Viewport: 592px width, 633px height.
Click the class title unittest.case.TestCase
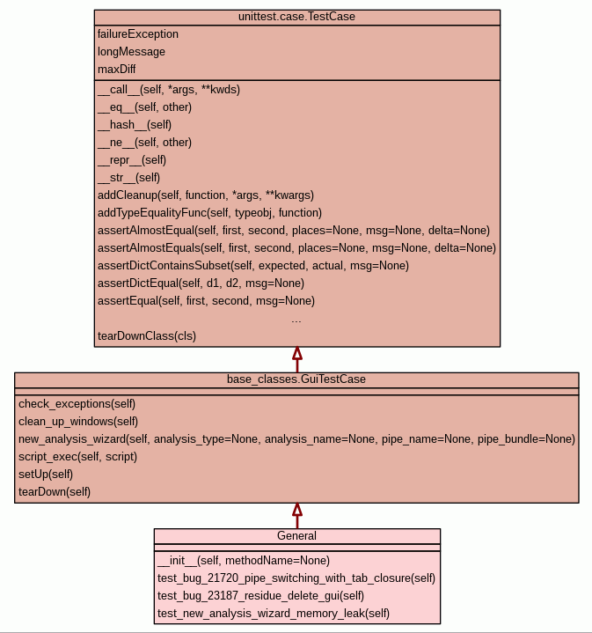pos(296,17)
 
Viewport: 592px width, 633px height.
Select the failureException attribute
pos(138,34)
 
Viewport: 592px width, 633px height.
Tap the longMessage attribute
pos(131,52)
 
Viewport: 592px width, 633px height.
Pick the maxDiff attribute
pos(117,69)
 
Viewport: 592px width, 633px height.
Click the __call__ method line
pos(169,90)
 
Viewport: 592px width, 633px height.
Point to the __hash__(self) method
pos(135,125)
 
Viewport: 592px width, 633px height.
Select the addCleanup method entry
pos(206,195)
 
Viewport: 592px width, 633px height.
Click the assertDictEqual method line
pos(201,283)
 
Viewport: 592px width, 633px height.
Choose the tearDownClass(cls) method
pos(147,335)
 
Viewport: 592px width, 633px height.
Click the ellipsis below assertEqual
pos(296,319)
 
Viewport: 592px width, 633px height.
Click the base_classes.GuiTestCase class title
pos(296,379)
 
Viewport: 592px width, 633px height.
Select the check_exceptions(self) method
pos(77,403)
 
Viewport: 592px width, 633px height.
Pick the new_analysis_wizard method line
pos(296,438)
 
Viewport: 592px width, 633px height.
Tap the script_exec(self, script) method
pos(78,456)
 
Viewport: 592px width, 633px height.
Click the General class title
pos(296,535)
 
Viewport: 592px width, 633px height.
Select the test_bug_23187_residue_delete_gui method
pos(260,595)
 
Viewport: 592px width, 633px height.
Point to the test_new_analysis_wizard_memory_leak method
pos(274,613)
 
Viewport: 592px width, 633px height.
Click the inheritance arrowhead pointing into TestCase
pos(297,354)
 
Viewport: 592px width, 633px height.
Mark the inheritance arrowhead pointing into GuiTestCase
pos(297,510)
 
